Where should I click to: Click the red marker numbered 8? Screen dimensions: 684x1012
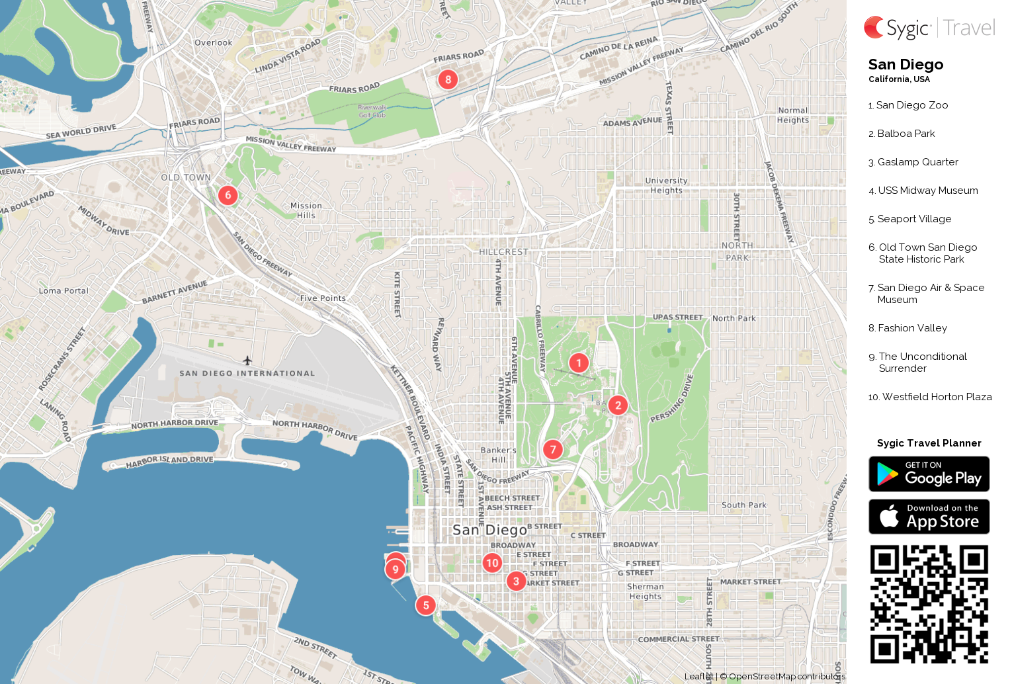click(448, 79)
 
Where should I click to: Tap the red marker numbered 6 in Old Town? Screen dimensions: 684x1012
click(228, 195)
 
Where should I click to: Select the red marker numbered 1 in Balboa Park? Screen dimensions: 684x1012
click(579, 363)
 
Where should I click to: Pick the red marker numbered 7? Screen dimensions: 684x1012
click(553, 450)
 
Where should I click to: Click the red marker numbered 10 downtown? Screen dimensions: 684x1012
click(492, 563)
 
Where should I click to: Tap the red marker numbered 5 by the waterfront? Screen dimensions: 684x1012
click(426, 605)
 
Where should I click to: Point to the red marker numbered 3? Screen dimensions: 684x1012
click(516, 581)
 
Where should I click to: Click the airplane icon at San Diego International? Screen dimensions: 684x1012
click(247, 361)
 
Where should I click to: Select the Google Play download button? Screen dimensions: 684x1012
click(929, 474)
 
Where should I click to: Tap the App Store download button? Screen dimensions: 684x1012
click(929, 517)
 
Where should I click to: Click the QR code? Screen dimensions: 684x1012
click(929, 604)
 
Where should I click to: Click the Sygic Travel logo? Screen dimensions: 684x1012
click(929, 28)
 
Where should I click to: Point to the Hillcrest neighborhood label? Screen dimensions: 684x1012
click(503, 252)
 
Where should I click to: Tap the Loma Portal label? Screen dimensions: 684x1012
click(63, 290)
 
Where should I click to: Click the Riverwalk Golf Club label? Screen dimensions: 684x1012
click(372, 111)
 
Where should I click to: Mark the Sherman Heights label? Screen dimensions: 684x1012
click(645, 591)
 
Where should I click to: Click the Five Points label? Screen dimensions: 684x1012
click(323, 298)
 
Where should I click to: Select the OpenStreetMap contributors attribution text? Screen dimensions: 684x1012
click(786, 676)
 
